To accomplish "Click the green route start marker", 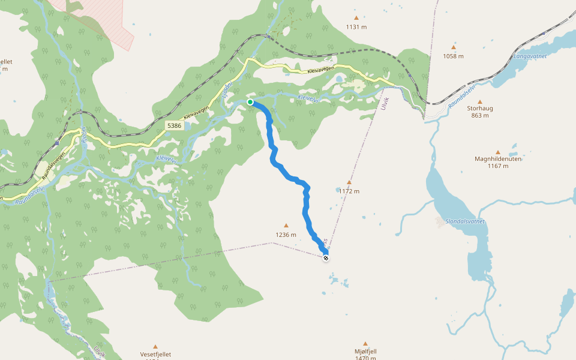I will [x=250, y=102].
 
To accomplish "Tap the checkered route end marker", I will [x=326, y=258].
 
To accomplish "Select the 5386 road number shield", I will [x=174, y=125].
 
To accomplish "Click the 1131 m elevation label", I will [x=356, y=27].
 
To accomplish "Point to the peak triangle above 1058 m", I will [x=453, y=47].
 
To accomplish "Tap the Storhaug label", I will [x=479, y=109].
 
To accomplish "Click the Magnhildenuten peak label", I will [x=497, y=159].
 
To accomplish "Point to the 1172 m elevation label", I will [x=349, y=191].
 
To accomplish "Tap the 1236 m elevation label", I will [x=286, y=235].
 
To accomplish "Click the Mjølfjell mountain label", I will [x=365, y=351].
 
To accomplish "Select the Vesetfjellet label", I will [x=155, y=355].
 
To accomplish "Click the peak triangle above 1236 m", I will [x=286, y=226].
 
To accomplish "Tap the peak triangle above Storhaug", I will [x=479, y=101].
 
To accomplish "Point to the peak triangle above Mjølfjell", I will [x=365, y=344].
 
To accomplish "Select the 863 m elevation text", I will [x=479, y=116].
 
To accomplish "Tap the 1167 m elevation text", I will [x=497, y=166].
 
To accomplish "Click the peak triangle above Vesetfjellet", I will [x=155, y=347].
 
